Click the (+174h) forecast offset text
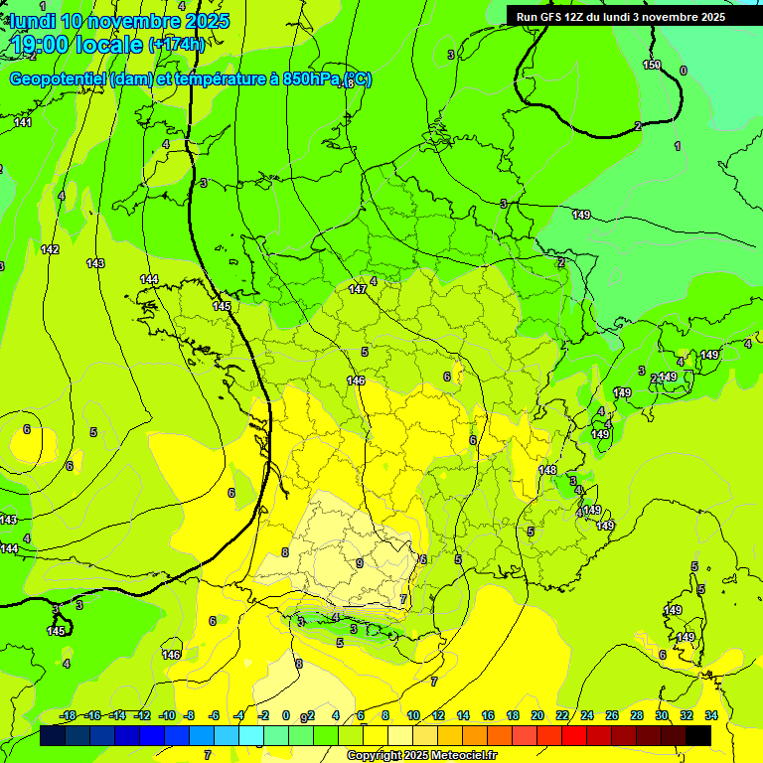pos(177,44)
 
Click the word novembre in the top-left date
pos(135,21)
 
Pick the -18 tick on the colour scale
pos(69,715)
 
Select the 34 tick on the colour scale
pos(710,715)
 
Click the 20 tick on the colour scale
pos(536,715)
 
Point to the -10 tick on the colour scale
pos(167,715)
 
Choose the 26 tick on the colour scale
pos(611,715)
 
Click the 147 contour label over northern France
pos(358,289)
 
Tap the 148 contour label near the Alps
pos(547,470)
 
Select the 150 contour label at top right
pos(651,66)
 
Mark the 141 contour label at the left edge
pos(23,122)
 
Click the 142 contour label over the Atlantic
pos(50,249)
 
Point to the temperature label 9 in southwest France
pos(359,564)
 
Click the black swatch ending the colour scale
pos(698,736)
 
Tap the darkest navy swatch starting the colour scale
pos(53,736)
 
